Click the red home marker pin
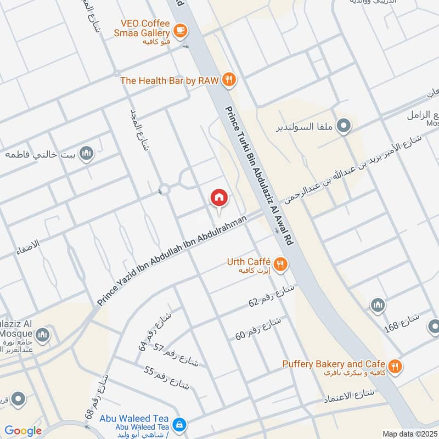click(219, 198)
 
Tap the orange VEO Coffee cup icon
click(179, 30)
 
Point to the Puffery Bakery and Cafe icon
click(394, 365)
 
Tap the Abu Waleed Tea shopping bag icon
click(179, 424)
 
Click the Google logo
click(24, 431)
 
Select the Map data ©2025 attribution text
click(410, 434)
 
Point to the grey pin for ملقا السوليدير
click(344, 127)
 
